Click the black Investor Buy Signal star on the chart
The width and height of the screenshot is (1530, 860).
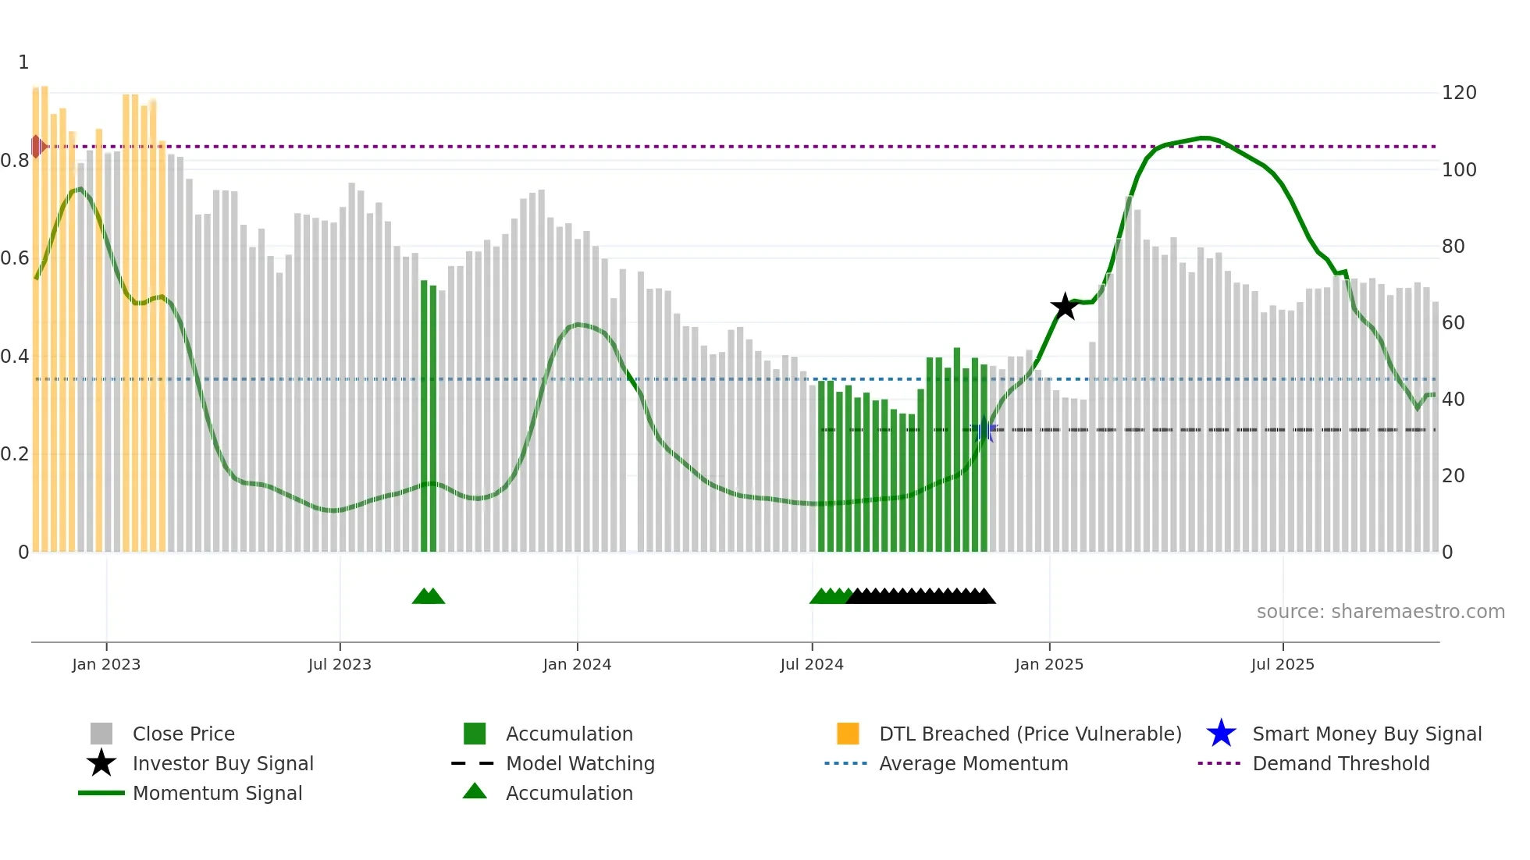click(x=1065, y=307)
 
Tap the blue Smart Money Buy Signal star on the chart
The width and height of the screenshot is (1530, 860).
click(x=985, y=430)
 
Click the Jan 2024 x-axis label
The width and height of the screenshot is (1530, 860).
click(x=577, y=665)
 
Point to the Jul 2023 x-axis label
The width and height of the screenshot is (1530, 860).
click(x=340, y=665)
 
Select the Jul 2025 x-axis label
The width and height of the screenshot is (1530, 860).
click(x=1283, y=665)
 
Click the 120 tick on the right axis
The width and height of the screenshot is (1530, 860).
click(x=1458, y=93)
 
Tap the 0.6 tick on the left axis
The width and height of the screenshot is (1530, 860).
click(x=15, y=258)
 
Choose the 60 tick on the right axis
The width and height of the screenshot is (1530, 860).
click(x=1453, y=323)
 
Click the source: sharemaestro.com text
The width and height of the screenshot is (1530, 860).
click(x=1380, y=612)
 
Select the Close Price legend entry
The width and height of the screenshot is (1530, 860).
click(x=183, y=734)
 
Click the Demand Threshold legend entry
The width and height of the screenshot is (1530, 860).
click(x=1340, y=764)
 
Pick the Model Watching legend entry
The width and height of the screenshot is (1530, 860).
click(x=580, y=764)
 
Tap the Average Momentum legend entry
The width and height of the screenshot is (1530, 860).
click(x=973, y=764)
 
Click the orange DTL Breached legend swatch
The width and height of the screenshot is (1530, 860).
click(x=848, y=734)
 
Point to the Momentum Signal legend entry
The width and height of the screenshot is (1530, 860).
click(x=217, y=794)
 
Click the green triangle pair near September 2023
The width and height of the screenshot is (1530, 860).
click(x=429, y=597)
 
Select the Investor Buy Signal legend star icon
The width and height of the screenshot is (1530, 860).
click(x=101, y=763)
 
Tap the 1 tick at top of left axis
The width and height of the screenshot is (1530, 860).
click(x=23, y=62)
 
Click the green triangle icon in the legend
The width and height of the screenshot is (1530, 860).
click(x=475, y=792)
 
